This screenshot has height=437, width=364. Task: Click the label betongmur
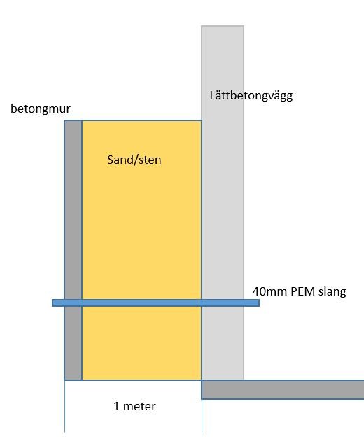(x=41, y=109)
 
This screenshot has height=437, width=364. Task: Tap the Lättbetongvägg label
(x=251, y=96)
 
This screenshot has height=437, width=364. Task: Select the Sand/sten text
(x=134, y=160)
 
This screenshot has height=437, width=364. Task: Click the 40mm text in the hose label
(x=270, y=291)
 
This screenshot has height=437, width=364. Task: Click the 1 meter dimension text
(x=134, y=406)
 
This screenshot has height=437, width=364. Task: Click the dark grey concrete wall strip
(x=73, y=211)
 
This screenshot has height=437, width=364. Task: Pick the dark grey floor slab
(x=282, y=389)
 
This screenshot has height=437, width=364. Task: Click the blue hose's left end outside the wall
(x=53, y=303)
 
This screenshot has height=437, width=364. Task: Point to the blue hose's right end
(x=259, y=303)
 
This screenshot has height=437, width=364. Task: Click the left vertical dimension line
(x=65, y=406)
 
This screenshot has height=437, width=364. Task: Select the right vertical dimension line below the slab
(x=202, y=416)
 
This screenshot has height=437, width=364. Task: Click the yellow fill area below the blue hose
(x=142, y=343)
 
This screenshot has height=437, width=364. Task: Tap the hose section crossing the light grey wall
(x=223, y=303)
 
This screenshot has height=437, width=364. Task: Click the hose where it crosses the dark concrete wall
(x=73, y=303)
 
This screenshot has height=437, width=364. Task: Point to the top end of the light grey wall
(x=223, y=26)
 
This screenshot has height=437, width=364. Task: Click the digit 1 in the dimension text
(x=116, y=406)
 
